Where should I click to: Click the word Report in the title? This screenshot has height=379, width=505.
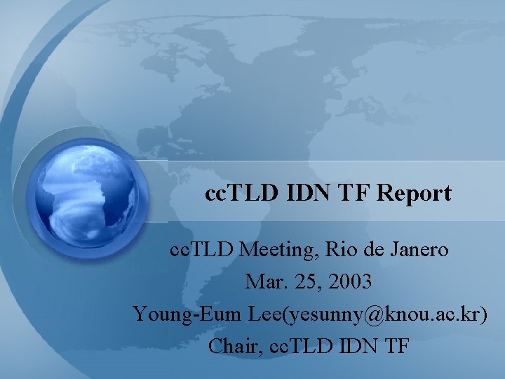coord(414,193)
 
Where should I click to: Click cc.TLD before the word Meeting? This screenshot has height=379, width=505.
coord(203,249)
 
